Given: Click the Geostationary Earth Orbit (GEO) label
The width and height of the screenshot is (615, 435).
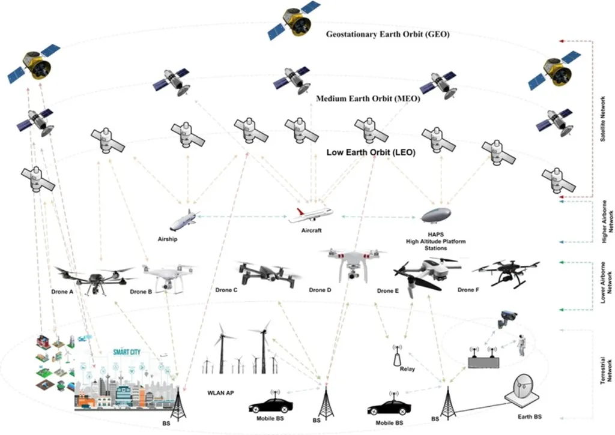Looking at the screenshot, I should [x=388, y=34].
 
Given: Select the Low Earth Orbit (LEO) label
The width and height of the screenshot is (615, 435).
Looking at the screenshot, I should [x=371, y=152].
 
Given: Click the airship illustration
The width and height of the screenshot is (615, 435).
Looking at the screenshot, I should [x=183, y=221].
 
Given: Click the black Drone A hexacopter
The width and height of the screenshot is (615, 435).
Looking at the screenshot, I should [x=94, y=277].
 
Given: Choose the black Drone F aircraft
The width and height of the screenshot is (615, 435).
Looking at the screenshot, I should [x=506, y=272].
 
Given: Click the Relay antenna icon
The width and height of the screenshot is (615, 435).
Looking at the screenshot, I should [x=396, y=356].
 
